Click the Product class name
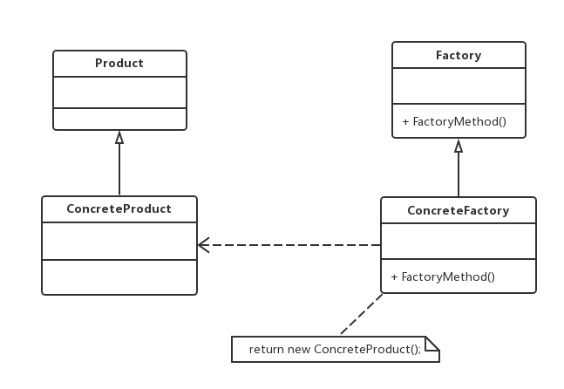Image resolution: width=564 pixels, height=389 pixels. [x=119, y=64]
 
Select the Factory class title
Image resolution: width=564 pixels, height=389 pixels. [x=459, y=56]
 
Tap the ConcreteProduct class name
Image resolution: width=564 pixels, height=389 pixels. [x=119, y=209]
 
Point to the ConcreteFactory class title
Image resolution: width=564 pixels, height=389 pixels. [x=459, y=210]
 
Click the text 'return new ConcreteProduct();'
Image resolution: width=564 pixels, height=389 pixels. [x=335, y=349]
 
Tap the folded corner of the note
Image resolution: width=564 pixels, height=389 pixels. [x=432, y=344]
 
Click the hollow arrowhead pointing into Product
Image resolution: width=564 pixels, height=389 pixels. [x=119, y=137]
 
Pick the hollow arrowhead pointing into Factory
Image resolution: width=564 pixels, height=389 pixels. [x=459, y=146]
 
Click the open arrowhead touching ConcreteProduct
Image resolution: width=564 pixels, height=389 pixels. [x=204, y=245]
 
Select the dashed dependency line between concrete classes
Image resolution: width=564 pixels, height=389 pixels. [x=289, y=245]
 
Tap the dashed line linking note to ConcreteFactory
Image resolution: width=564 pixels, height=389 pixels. [x=362, y=314]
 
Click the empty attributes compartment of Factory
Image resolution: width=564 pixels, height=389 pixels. [x=459, y=86]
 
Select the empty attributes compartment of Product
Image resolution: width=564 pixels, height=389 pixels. [x=119, y=92]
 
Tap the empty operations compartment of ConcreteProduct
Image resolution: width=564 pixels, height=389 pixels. [x=119, y=277]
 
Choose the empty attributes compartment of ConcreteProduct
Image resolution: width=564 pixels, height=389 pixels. [x=119, y=241]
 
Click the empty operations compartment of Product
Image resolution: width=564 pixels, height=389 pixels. [x=119, y=119]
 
